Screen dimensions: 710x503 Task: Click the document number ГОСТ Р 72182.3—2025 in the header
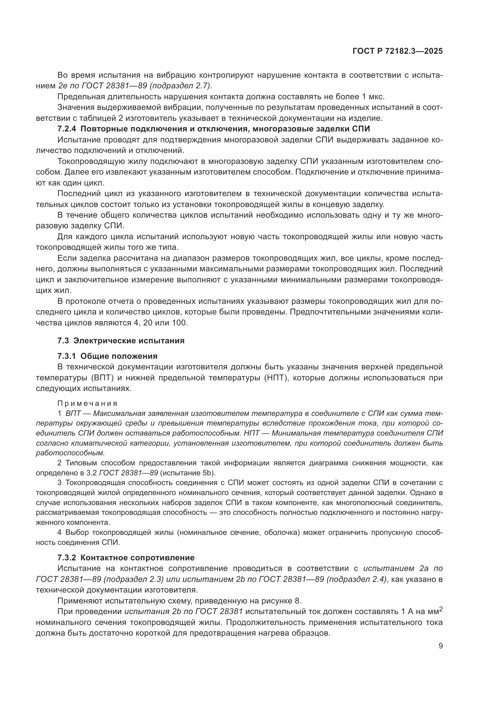click(397, 51)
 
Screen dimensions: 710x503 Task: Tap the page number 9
click(440, 646)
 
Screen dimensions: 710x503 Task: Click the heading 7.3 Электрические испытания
click(121, 341)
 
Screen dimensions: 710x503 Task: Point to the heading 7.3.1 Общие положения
click(107, 356)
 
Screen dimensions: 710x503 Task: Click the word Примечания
click(87, 403)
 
